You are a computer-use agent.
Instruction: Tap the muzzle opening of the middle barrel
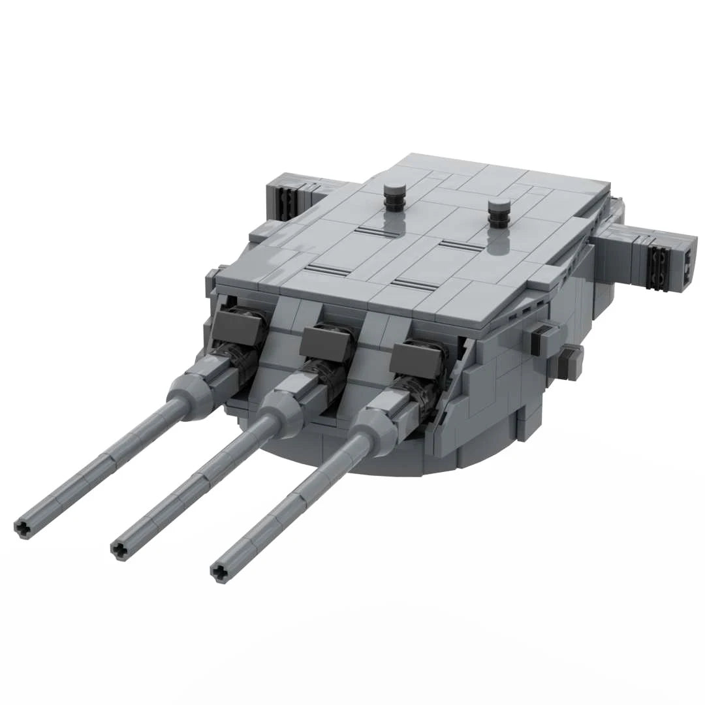(119, 550)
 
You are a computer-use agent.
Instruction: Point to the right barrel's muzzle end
(220, 572)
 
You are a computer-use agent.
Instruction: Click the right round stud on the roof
(499, 213)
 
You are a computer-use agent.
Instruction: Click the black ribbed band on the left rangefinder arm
(285, 196)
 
